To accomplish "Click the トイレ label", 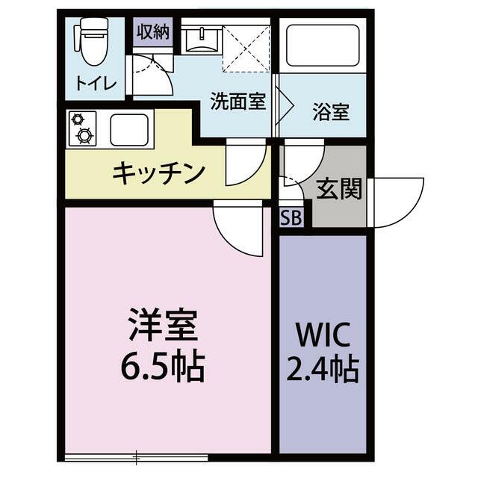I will [x=96, y=83].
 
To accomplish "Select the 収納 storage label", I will [x=154, y=34].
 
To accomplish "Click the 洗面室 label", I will [x=238, y=102].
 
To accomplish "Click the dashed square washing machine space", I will [x=246, y=46].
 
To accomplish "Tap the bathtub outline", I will [x=322, y=46].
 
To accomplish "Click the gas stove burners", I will [x=81, y=128].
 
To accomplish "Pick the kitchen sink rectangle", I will [x=130, y=128].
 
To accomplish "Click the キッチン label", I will [x=159, y=173].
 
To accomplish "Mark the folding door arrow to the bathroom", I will [x=281, y=100].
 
